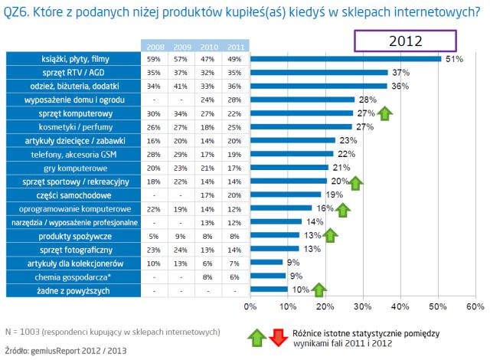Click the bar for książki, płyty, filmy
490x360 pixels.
[x=345, y=58]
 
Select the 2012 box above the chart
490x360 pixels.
[x=405, y=41]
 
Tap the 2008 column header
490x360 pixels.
[x=154, y=46]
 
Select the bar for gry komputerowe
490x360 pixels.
[x=289, y=168]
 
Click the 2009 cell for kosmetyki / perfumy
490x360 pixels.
[x=181, y=127]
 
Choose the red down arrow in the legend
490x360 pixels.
[x=278, y=335]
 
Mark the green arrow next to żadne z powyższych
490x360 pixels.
[x=320, y=290]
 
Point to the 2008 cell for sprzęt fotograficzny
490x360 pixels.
[x=154, y=250]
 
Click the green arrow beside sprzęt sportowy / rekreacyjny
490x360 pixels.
[x=355, y=182]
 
